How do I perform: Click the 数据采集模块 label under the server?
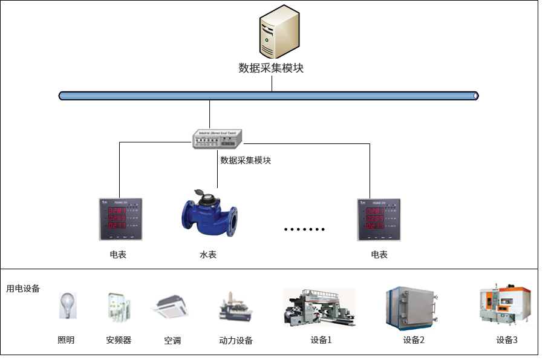pyautogui.click(x=271, y=68)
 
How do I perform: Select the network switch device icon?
pyautogui.click(x=217, y=140)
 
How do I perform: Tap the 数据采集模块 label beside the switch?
pyautogui.click(x=246, y=160)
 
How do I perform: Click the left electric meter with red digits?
pyautogui.click(x=121, y=219)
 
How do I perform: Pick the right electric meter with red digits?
pyautogui.click(x=379, y=219)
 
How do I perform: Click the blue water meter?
pyautogui.click(x=210, y=215)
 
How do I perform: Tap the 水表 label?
pyautogui.click(x=207, y=255)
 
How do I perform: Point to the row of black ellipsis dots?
pyautogui.click(x=305, y=229)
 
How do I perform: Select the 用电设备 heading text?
pyautogui.click(x=23, y=289)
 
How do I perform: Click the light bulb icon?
pyautogui.click(x=67, y=305)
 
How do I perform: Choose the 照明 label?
pyautogui.click(x=66, y=340)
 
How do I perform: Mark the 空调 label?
pyautogui.click(x=172, y=341)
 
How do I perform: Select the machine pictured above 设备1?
pyautogui.click(x=319, y=307)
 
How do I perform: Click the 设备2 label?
pyautogui.click(x=414, y=340)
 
